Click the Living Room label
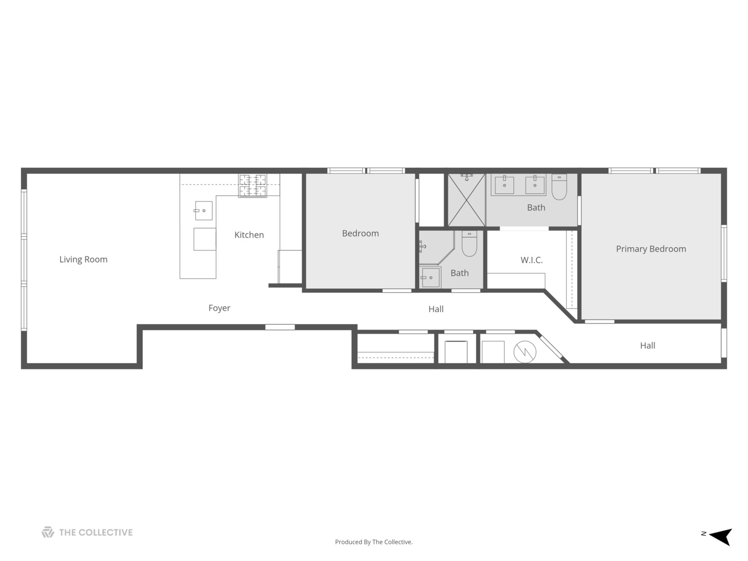pyautogui.click(x=83, y=259)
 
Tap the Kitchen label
pyautogui.click(x=249, y=235)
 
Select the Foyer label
pyautogui.click(x=219, y=308)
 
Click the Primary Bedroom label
pyautogui.click(x=651, y=249)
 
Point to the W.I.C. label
pyautogui.click(x=531, y=260)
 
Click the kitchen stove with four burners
pyautogui.click(x=252, y=186)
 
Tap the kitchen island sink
pyautogui.click(x=203, y=210)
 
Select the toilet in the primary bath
pyautogui.click(x=559, y=187)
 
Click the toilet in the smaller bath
pyautogui.click(x=469, y=244)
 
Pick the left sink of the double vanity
pyautogui.click(x=504, y=184)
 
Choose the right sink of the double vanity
pyautogui.click(x=535, y=184)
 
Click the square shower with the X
pyautogui.click(x=466, y=200)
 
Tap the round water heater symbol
pyautogui.click(x=525, y=352)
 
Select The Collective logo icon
pyautogui.click(x=48, y=532)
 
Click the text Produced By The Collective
pyautogui.click(x=373, y=542)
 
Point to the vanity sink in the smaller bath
pyautogui.click(x=431, y=277)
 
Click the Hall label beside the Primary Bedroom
pyautogui.click(x=647, y=345)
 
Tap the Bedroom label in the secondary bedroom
pyautogui.click(x=360, y=233)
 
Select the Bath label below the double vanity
pyautogui.click(x=536, y=208)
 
